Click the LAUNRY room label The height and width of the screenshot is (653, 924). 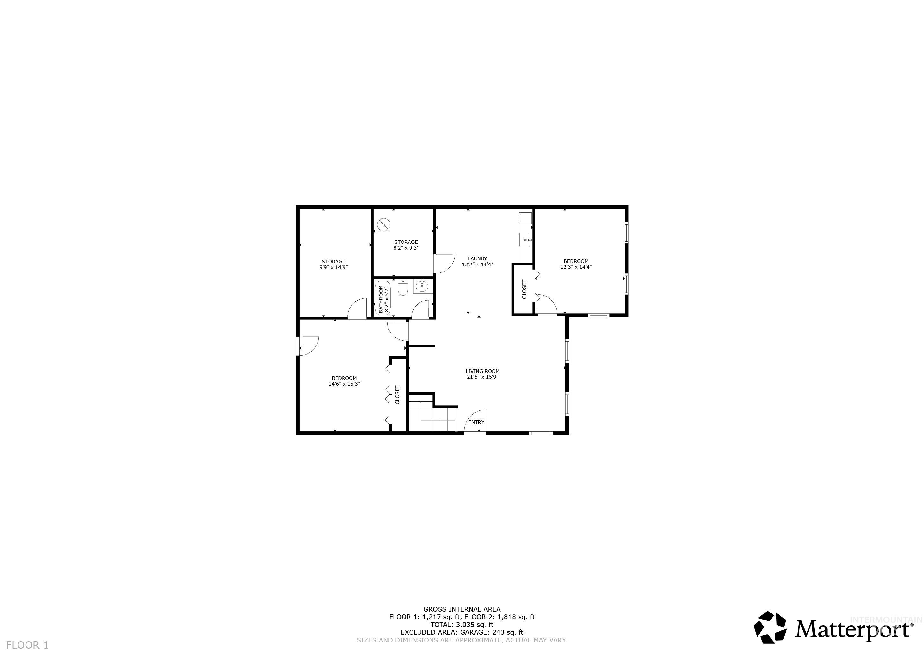(x=477, y=258)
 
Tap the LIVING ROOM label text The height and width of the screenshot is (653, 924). (x=483, y=371)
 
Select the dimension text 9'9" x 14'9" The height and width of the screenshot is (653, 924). (x=333, y=267)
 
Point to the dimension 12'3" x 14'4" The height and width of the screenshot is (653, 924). (x=576, y=267)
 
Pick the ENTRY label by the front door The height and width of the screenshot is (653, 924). (x=476, y=422)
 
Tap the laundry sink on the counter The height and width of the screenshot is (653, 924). (x=525, y=240)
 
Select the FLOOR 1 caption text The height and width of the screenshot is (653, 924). (x=27, y=645)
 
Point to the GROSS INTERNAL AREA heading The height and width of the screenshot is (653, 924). (x=462, y=609)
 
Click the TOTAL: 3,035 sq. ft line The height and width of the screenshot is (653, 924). (x=462, y=624)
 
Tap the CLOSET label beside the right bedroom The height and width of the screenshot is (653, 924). (x=524, y=289)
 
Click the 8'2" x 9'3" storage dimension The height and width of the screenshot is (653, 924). (x=406, y=248)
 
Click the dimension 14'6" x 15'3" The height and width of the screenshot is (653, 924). (x=344, y=384)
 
